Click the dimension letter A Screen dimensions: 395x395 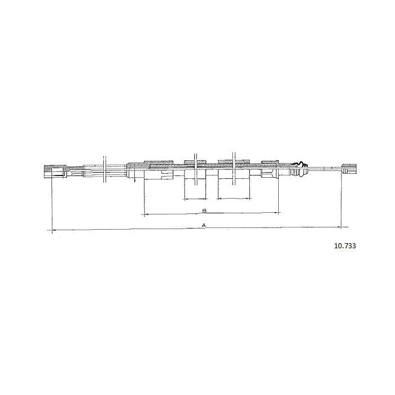tap(204, 225)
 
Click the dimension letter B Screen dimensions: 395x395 tap(204, 210)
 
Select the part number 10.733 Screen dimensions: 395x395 tap(345, 246)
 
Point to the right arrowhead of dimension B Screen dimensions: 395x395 tap(278, 213)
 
